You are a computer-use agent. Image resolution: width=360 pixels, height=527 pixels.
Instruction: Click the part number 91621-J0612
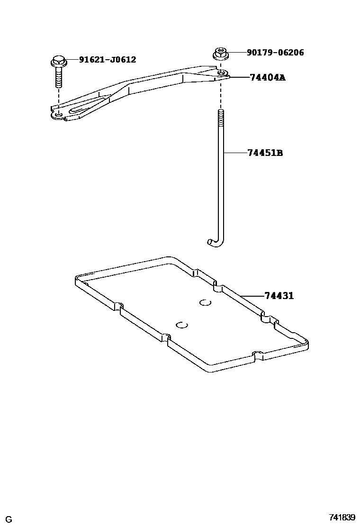point(107,60)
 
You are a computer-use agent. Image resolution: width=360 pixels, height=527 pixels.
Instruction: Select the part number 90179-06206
point(275,53)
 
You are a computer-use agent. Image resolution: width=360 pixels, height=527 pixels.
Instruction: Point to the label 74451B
point(265,153)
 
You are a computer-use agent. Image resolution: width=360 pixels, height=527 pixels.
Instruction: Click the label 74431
point(279,296)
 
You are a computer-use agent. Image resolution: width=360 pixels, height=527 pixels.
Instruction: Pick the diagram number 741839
point(342,517)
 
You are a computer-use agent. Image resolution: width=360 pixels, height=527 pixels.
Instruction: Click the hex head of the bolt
point(58,61)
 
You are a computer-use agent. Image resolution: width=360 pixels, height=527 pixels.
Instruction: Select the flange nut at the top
point(219,53)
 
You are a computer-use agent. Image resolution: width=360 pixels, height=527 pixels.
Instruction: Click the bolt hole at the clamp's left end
point(58,114)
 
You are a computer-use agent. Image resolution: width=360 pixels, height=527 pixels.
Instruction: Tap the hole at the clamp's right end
point(222,73)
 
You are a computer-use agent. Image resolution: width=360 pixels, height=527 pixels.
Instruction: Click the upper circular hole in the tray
point(205,302)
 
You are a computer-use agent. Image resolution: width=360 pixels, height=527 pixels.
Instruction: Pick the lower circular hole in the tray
point(182,325)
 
